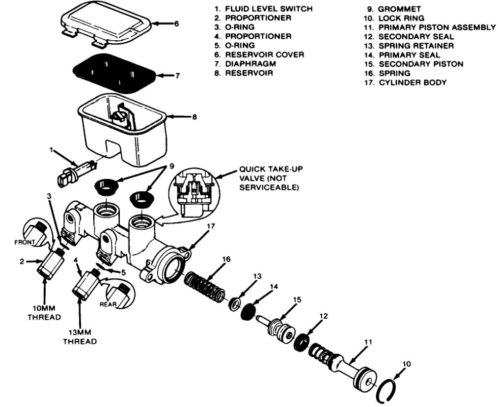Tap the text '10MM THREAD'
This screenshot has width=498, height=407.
point(44,312)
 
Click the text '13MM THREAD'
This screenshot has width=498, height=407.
point(80,337)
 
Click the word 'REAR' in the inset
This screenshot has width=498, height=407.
point(108,304)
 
